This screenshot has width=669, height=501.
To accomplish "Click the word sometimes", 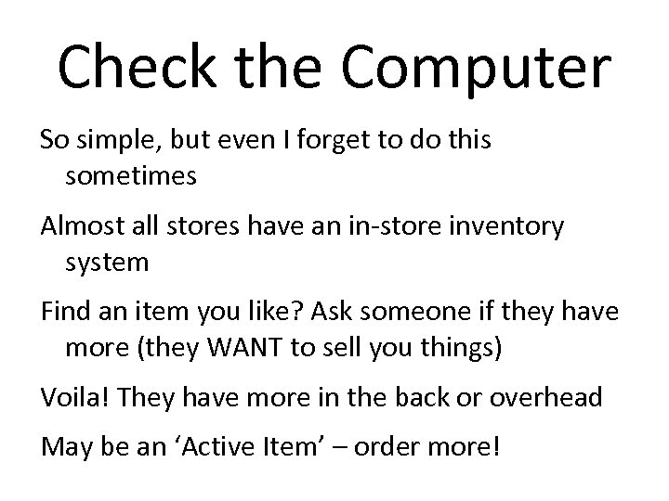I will click(131, 175).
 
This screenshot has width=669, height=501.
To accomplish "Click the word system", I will click(107, 263).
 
